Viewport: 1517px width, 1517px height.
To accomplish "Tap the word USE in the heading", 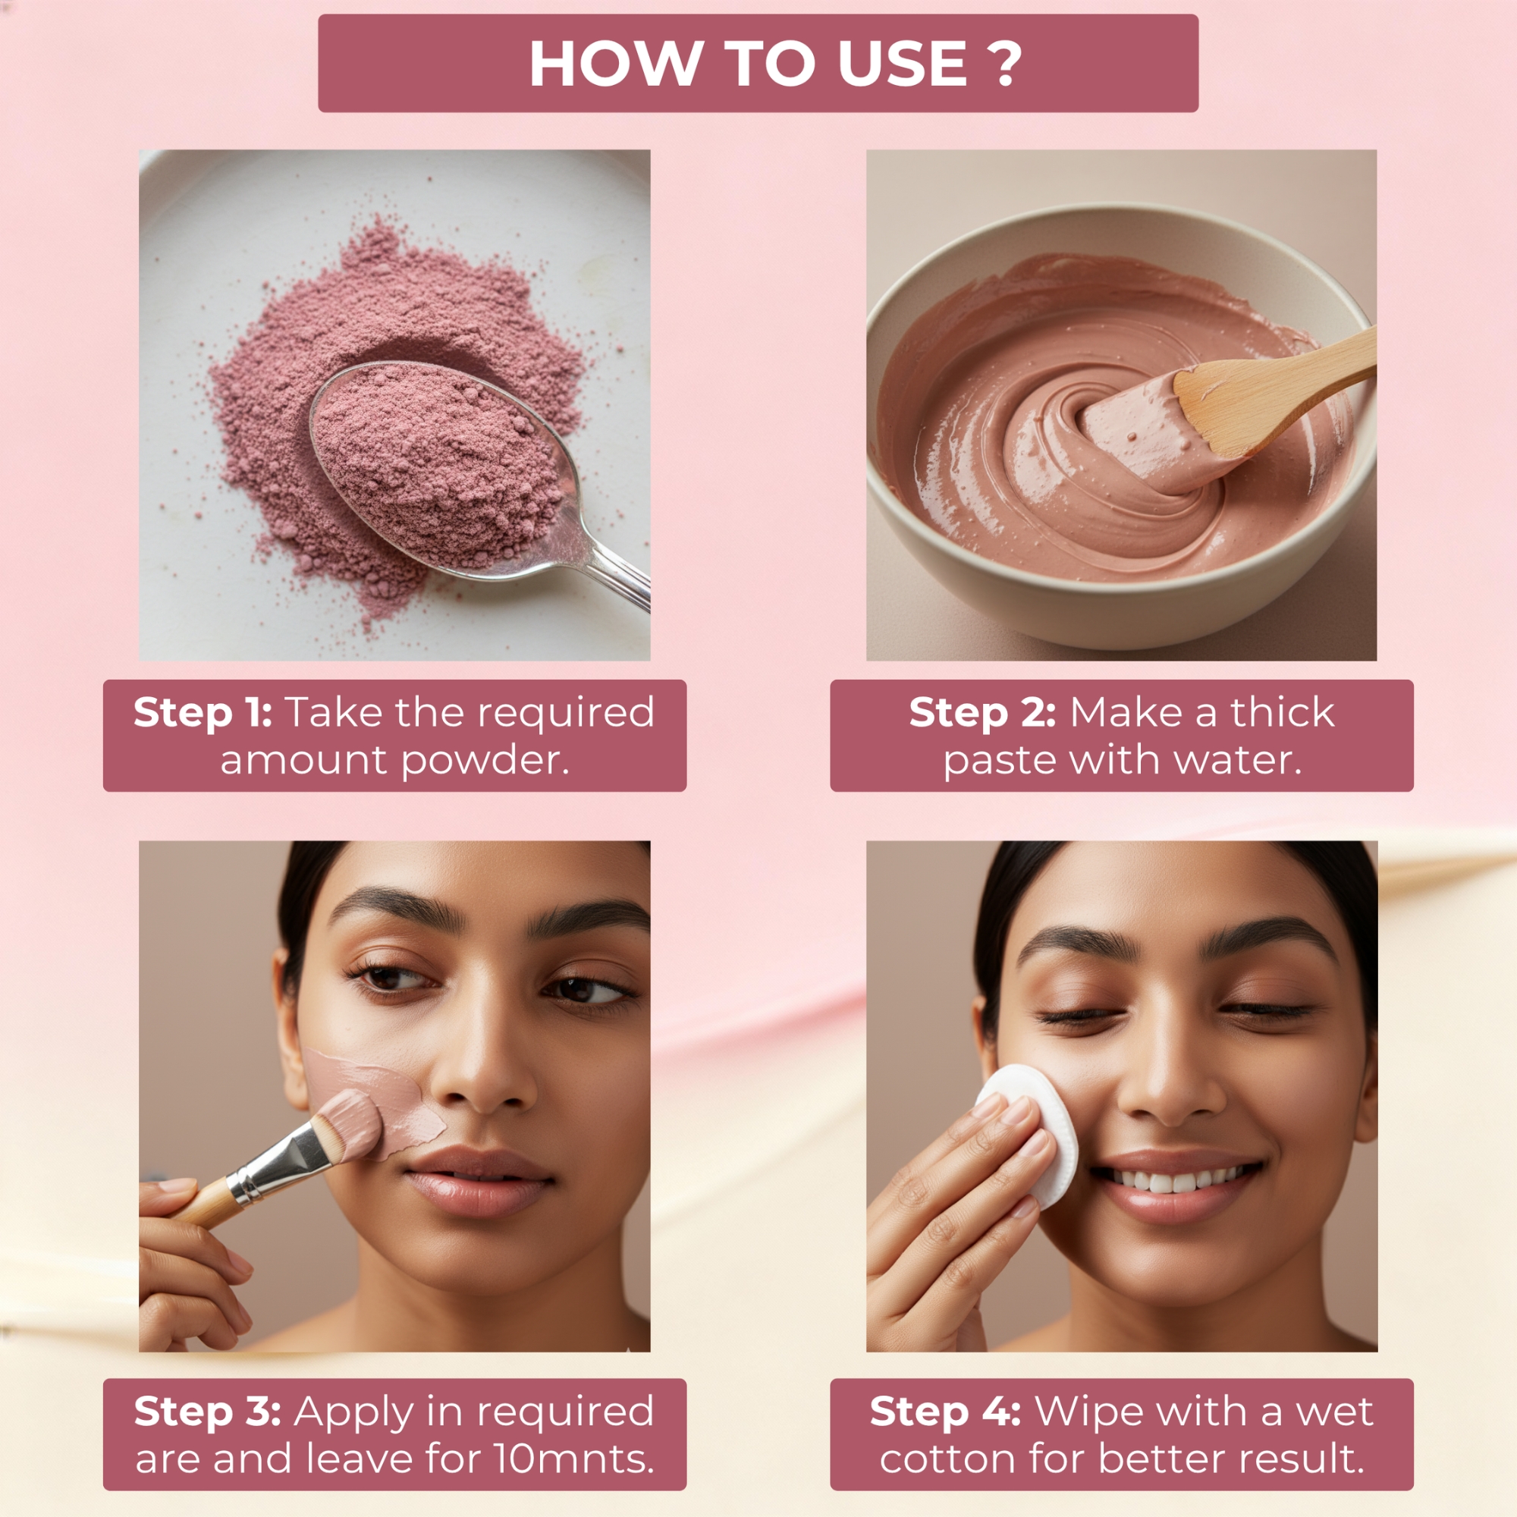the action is point(902,63).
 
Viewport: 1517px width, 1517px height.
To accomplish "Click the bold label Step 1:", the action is point(203,713).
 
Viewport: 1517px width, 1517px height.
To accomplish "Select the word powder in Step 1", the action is point(485,760).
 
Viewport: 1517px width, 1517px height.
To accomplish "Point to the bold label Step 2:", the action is point(982,713).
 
